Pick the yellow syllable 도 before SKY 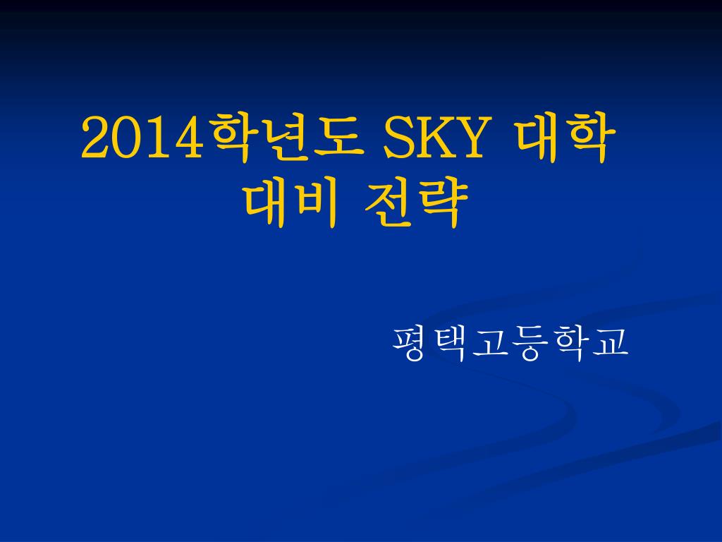(336, 137)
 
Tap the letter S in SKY (397, 138)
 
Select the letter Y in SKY (469, 138)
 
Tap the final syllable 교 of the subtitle (611, 344)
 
